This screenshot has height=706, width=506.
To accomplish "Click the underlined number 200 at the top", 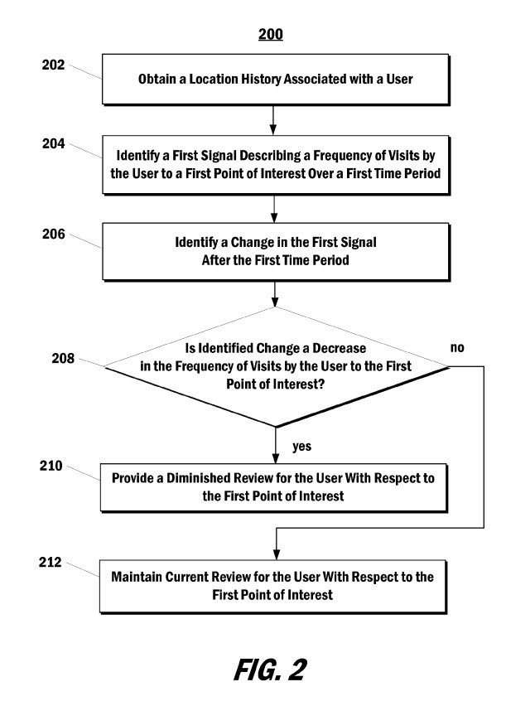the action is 271,34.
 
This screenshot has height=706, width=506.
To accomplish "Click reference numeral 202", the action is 53,65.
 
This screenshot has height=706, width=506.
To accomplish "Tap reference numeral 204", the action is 54,143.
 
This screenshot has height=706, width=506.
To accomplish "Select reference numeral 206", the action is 54,235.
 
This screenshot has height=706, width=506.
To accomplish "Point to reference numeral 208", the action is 63,359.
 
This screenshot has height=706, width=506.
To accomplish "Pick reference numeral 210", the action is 51,466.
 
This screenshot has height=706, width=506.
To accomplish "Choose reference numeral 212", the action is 50,563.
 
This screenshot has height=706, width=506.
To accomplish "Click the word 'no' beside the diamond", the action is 457,347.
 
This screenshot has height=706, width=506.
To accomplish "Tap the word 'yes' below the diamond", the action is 301,447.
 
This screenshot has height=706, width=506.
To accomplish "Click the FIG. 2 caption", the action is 270,670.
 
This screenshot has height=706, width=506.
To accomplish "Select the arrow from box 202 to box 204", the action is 273,120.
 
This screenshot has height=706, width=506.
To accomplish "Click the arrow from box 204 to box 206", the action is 274,209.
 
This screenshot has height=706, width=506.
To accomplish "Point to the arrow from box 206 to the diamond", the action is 275,294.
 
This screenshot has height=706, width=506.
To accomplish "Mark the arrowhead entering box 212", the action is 277,554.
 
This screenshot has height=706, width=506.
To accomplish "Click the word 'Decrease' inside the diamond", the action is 339,349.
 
